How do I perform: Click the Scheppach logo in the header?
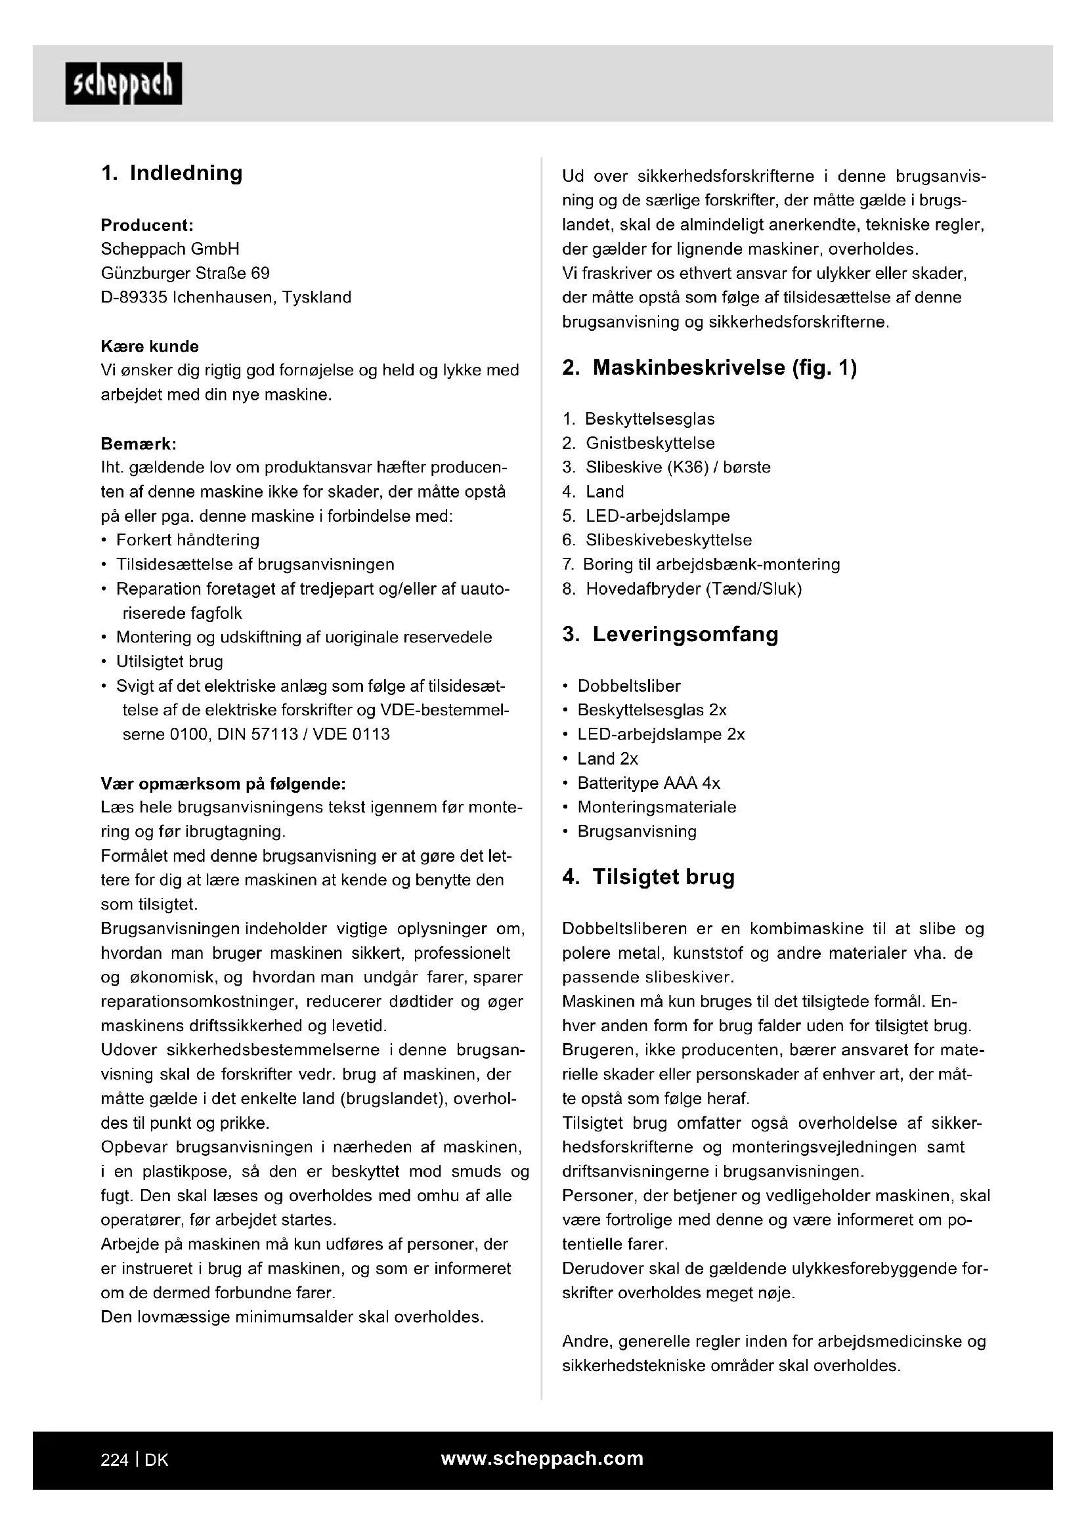[x=123, y=83]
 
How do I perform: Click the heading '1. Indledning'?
[x=172, y=173]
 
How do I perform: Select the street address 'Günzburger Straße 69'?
[x=185, y=274]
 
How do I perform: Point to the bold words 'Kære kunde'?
[x=150, y=347]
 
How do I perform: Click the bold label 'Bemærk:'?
[x=139, y=444]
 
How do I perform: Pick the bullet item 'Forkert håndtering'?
[x=187, y=540]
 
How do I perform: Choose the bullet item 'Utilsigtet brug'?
[x=169, y=662]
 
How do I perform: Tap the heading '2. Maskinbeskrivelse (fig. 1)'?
[x=710, y=368]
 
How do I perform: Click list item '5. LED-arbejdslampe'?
[x=646, y=516]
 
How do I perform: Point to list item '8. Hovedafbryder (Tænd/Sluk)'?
[x=682, y=589]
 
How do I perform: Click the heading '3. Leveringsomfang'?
[x=671, y=635]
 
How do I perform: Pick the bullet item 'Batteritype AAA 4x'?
[x=648, y=783]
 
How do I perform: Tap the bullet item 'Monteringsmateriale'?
[x=656, y=807]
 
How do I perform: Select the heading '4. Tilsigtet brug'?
[x=649, y=877]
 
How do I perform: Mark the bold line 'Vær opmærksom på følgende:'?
[x=223, y=784]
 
